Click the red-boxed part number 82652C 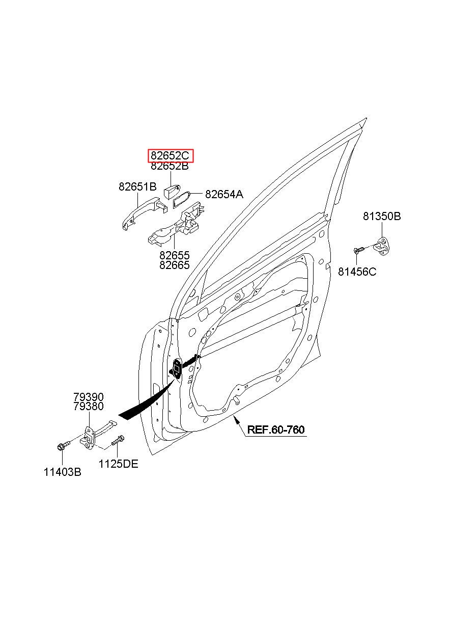tap(170, 156)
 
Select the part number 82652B tap(170, 166)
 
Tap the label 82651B tap(137, 187)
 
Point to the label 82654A tap(224, 195)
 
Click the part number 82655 tap(175, 255)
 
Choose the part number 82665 tap(175, 265)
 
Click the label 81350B tap(382, 216)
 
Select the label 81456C tap(357, 272)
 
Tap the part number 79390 tap(89, 397)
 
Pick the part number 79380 tap(89, 406)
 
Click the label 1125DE tap(118, 464)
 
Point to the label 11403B tap(63, 472)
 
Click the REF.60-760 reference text tap(276, 430)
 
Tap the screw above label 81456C tap(358, 250)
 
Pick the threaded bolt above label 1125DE tap(117, 440)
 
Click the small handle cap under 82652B tap(172, 192)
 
